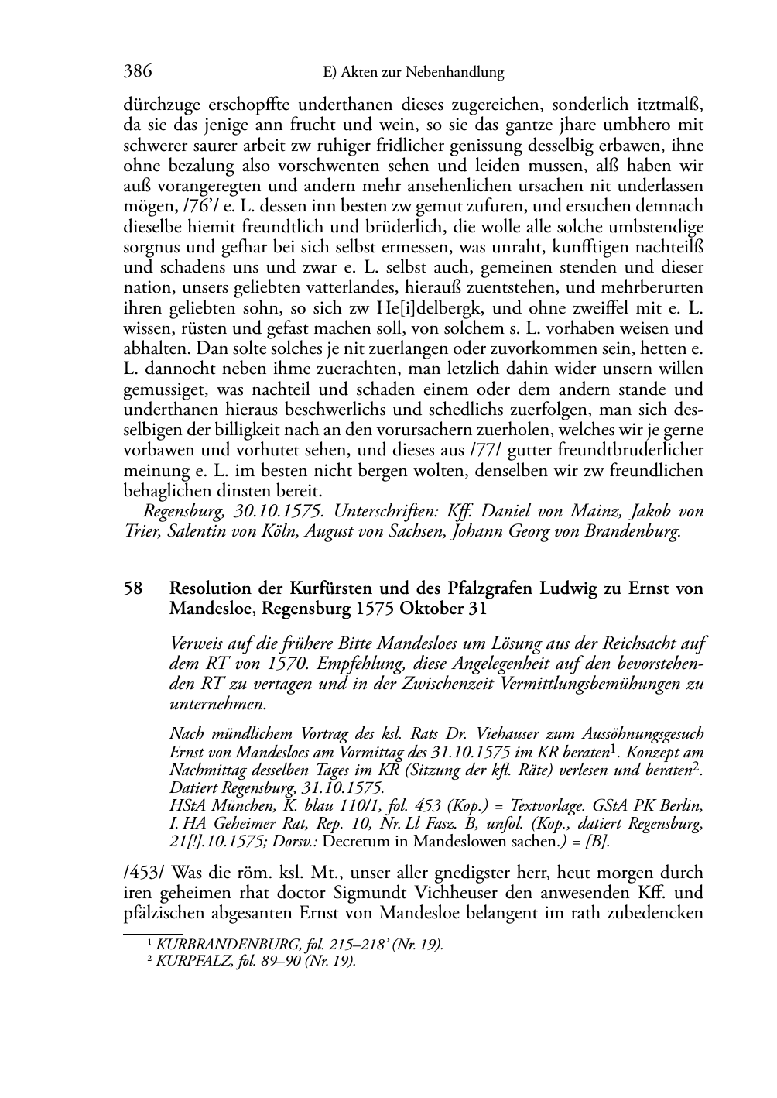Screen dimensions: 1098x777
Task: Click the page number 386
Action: tap(137, 72)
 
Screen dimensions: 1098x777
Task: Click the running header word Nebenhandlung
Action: tap(456, 73)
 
